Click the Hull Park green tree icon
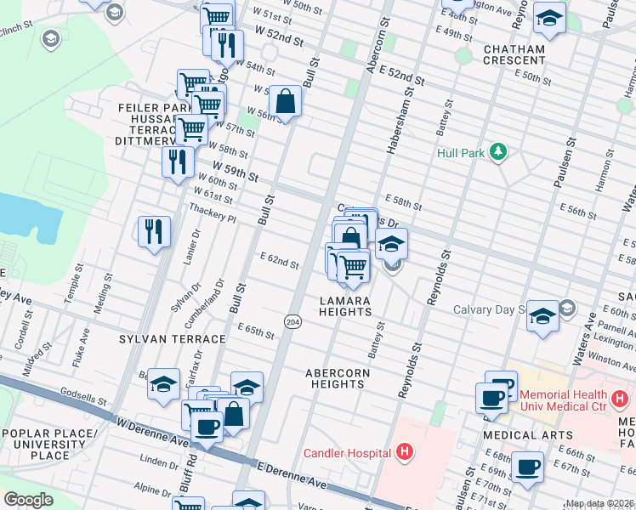(x=496, y=153)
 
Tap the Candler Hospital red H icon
(x=405, y=451)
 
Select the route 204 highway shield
(x=292, y=321)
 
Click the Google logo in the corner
(x=28, y=500)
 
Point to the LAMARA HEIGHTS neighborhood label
(x=345, y=307)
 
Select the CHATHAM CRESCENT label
(x=514, y=54)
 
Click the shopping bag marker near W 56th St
(x=287, y=102)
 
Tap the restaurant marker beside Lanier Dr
(x=154, y=230)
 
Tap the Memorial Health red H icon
(x=621, y=395)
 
